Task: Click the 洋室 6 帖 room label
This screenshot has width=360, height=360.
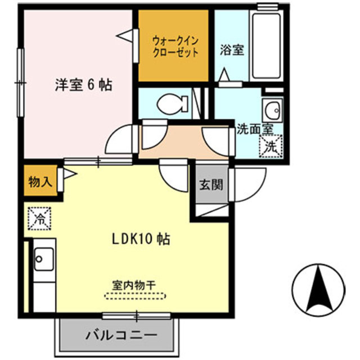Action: tap(83, 85)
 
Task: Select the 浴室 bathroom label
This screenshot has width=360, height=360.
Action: tap(231, 50)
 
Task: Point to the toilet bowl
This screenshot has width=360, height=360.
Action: tap(170, 103)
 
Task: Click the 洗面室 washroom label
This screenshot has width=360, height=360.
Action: tap(254, 129)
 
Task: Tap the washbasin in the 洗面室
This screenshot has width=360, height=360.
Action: tap(272, 109)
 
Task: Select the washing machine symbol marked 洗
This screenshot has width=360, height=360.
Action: tap(269, 147)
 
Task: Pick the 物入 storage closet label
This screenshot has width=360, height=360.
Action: tap(40, 182)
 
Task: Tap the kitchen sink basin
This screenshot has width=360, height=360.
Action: tap(41, 258)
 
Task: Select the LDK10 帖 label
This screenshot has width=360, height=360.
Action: tap(139, 238)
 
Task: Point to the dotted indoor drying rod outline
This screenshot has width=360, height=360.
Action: tap(136, 295)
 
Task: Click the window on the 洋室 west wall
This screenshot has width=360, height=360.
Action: tap(21, 83)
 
